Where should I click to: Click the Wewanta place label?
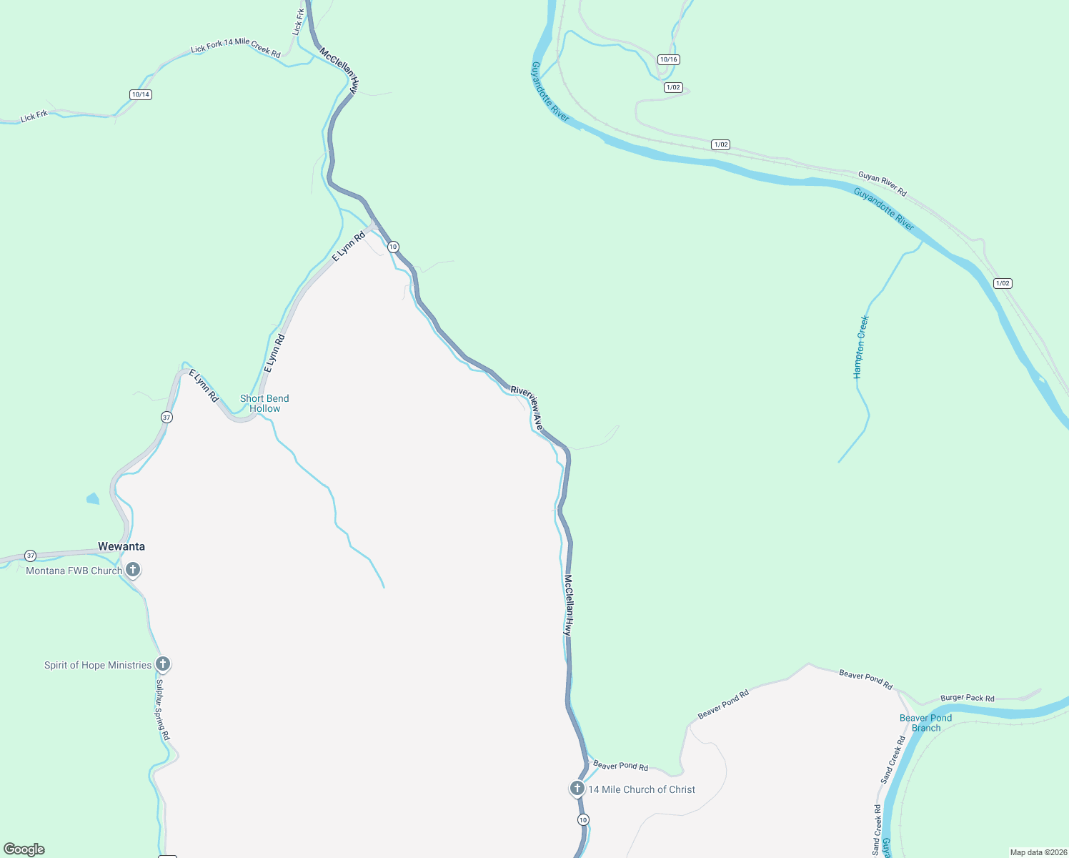click(121, 547)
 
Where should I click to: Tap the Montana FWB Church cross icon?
click(133, 570)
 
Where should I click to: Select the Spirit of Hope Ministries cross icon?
click(163, 664)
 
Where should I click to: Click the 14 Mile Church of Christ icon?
click(577, 789)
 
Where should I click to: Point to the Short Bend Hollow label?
click(264, 403)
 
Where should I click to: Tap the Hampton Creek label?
click(861, 347)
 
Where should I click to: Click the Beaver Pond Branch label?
click(925, 723)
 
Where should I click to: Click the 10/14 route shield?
click(141, 94)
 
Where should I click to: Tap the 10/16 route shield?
click(669, 59)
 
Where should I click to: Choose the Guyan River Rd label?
click(882, 184)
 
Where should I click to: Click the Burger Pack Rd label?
click(967, 698)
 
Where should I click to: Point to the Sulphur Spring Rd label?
click(163, 709)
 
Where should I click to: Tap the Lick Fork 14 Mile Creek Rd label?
click(236, 47)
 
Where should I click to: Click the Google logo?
click(24, 849)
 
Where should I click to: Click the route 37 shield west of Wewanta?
click(30, 556)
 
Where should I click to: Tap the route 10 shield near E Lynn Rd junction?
click(393, 247)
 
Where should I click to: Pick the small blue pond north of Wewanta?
click(93, 498)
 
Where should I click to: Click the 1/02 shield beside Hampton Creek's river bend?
click(1003, 283)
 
